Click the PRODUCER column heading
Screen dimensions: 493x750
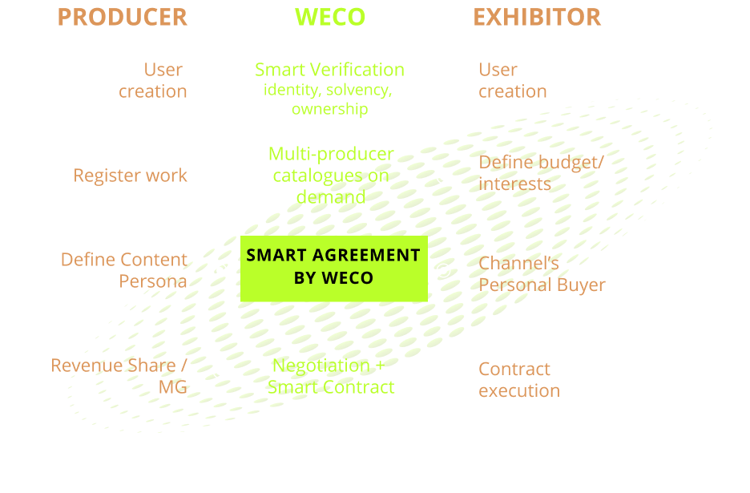pos(122,17)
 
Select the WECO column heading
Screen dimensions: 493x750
pos(330,17)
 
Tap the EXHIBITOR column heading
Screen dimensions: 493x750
pos(536,17)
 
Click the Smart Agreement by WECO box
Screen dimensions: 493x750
pos(333,267)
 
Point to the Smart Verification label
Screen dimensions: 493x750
pos(329,70)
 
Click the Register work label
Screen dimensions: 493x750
pos(131,176)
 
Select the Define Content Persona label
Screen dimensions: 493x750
pos(124,271)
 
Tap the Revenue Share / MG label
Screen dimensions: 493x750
pos(120,376)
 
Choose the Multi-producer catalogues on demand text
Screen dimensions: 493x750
pos(331,176)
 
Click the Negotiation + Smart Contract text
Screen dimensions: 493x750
pos(331,376)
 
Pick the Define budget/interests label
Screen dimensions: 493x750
pos(541,173)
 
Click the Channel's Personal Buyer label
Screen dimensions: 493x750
pos(542,274)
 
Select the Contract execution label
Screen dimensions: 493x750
pos(518,380)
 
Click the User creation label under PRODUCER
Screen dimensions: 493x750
pos(153,80)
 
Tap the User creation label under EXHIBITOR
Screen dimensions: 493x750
pos(512,80)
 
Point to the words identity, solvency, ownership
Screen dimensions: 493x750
pos(329,99)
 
